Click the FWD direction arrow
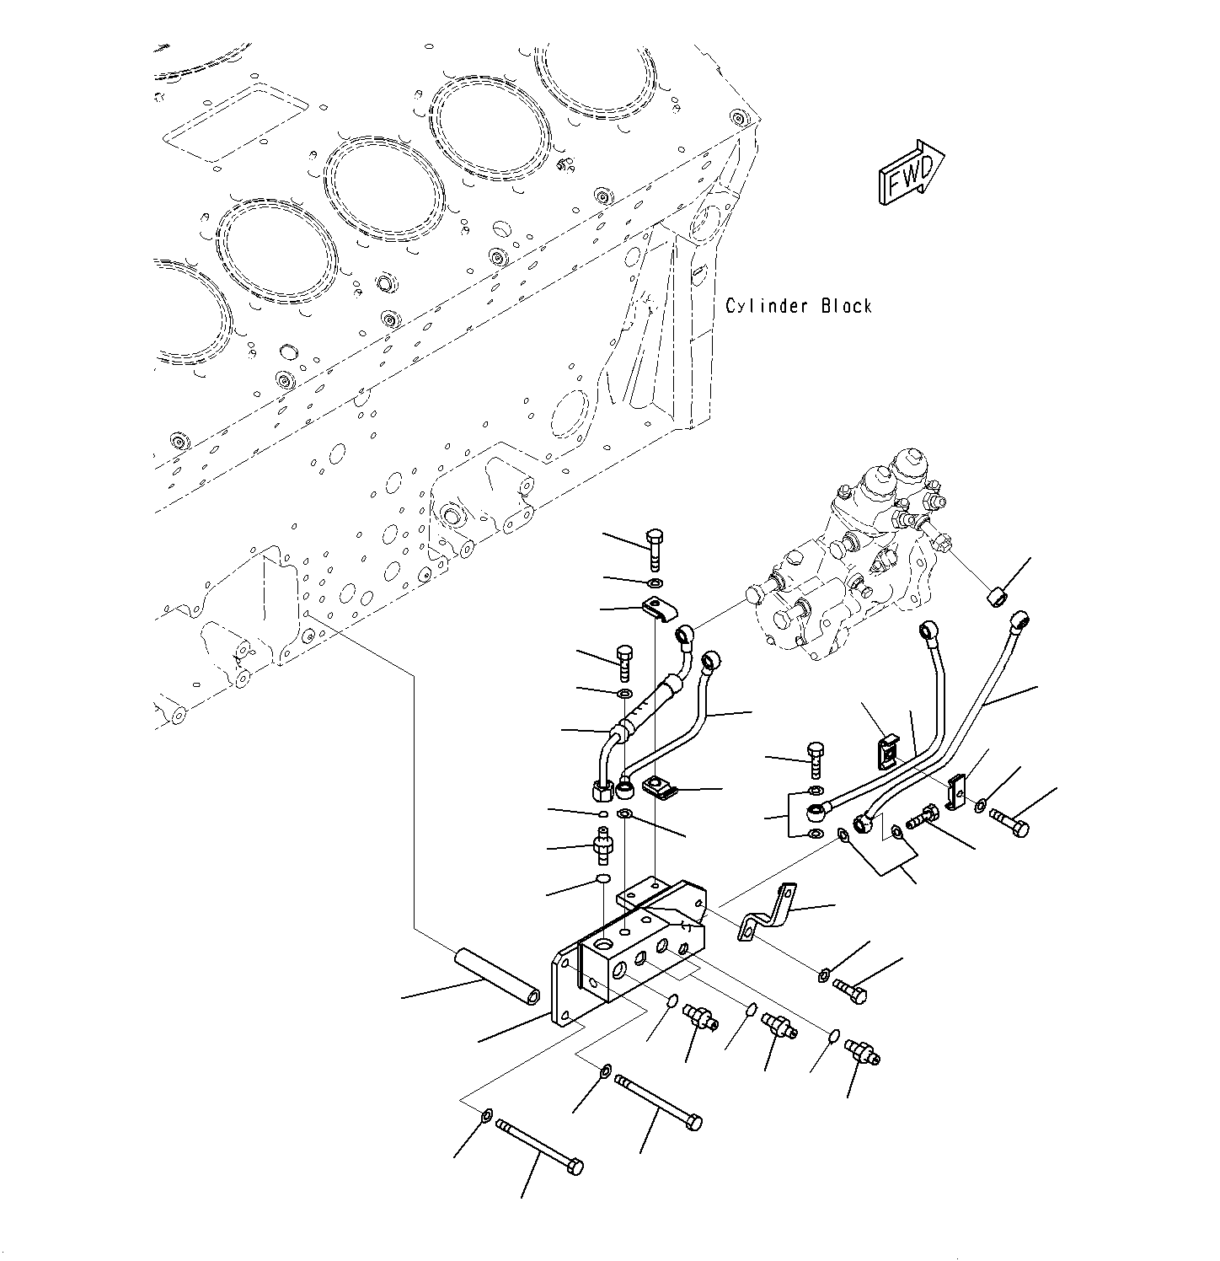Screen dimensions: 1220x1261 pos(911,172)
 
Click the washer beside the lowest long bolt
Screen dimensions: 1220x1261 pos(487,1117)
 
